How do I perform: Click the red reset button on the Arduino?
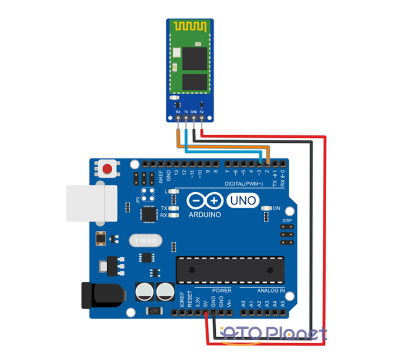pyautogui.click(x=107, y=169)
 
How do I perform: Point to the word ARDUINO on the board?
pyautogui.click(x=205, y=215)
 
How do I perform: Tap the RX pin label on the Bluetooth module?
pyautogui.click(x=178, y=111)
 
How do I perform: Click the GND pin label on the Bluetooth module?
pyautogui.click(x=194, y=111)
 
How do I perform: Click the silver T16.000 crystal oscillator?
pyautogui.click(x=145, y=240)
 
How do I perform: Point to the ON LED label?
pyautogui.click(x=276, y=208)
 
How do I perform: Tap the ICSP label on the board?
pyautogui.click(x=287, y=221)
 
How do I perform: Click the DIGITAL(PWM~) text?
pyautogui.click(x=246, y=184)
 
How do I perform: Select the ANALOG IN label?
pyautogui.click(x=271, y=290)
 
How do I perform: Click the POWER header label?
pyautogui.click(x=221, y=290)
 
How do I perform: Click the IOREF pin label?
pyautogui.click(x=182, y=302)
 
